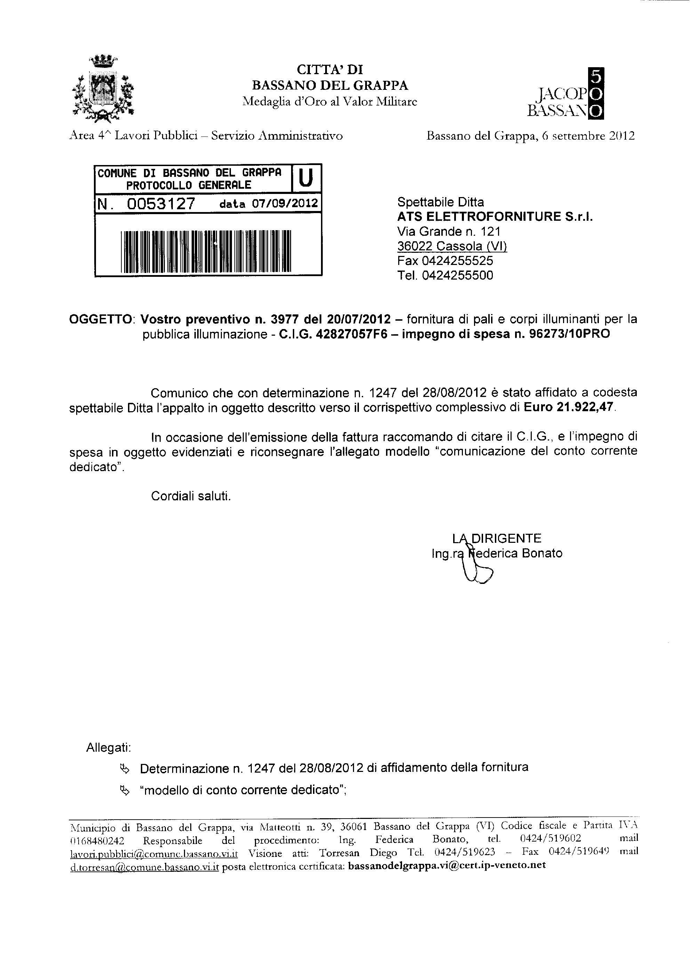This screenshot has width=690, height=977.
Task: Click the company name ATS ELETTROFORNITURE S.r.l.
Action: tap(495, 217)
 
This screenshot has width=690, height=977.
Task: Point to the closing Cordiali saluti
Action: tap(191, 496)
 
